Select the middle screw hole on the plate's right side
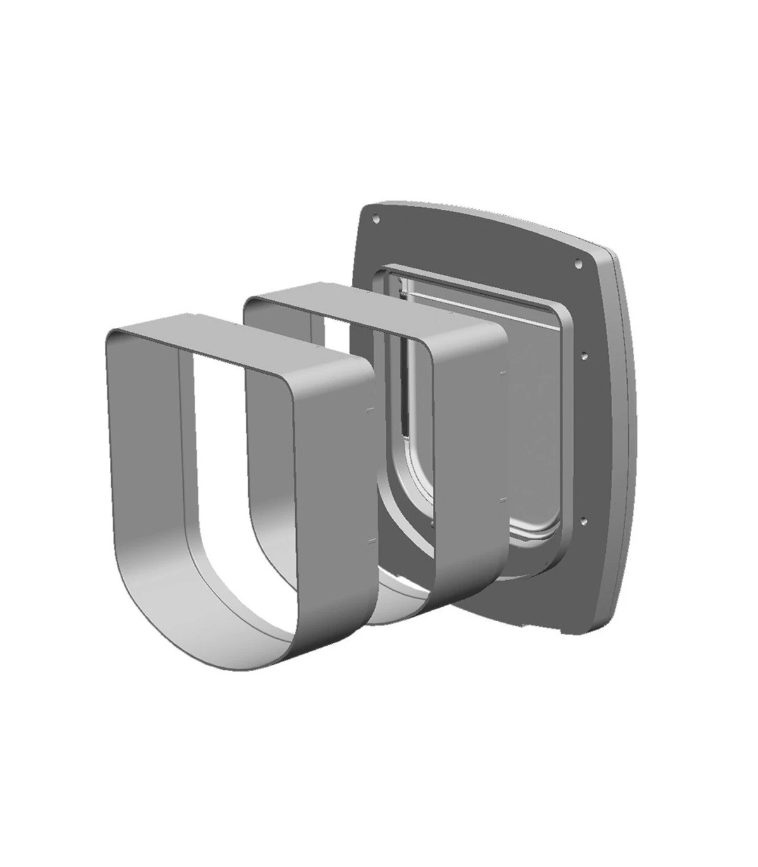[x=585, y=355]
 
